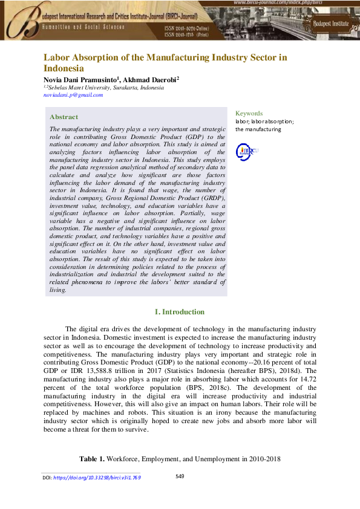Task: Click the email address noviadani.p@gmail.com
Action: point(73,95)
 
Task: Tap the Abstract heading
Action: point(64,117)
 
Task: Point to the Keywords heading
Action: point(249,113)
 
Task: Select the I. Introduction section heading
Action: point(180,312)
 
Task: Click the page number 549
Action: point(180,476)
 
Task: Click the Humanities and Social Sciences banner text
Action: point(83,27)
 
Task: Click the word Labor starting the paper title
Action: point(56,58)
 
